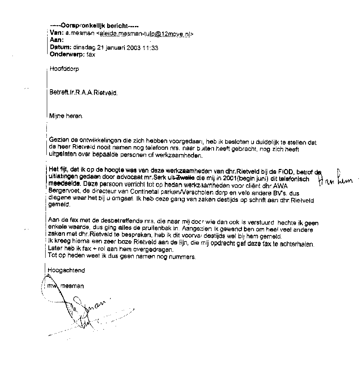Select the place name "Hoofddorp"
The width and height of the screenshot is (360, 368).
point(64,68)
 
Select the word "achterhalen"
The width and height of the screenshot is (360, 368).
point(298,244)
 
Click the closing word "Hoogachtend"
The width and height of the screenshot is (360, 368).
point(66,270)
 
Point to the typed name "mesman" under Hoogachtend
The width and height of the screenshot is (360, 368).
point(75,286)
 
